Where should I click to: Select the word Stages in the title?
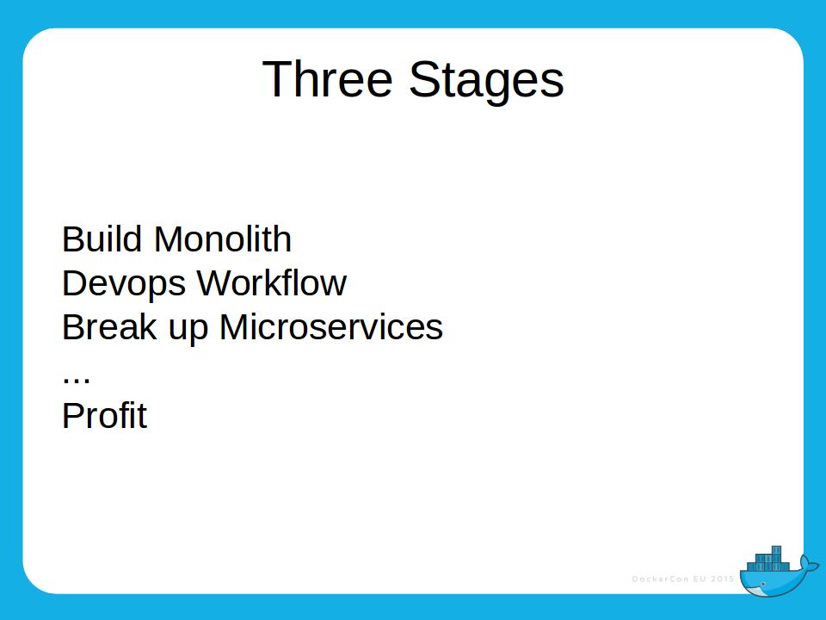point(486,81)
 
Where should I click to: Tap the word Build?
point(102,239)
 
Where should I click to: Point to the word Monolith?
point(223,239)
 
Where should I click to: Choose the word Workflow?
point(271,283)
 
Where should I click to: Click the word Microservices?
point(331,327)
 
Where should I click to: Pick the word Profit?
point(104,416)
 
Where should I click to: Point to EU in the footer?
point(704,579)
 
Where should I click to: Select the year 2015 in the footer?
point(724,579)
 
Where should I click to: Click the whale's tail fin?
point(809,563)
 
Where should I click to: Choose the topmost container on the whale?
point(777,550)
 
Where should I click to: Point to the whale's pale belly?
point(761,592)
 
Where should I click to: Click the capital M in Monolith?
point(166,239)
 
